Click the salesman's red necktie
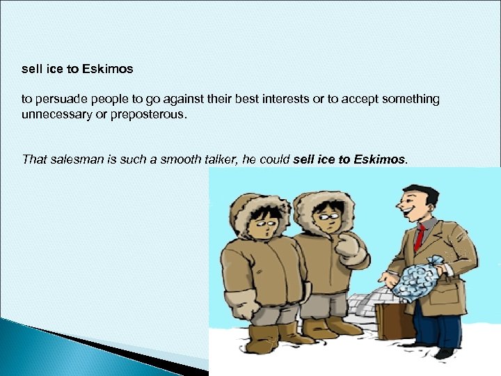[x=419, y=237]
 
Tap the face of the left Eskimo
[x=265, y=222]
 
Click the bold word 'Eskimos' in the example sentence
[x=379, y=159]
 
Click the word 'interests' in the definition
[x=290, y=100]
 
